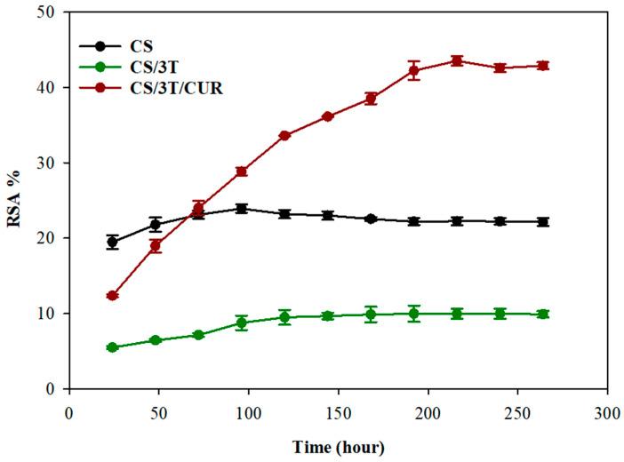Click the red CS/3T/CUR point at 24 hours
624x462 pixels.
tap(113, 296)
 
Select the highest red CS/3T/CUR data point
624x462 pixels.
tap(457, 61)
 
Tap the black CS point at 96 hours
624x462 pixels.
tap(242, 209)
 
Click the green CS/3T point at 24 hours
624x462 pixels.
tap(113, 347)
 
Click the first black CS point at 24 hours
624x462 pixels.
tap(113, 242)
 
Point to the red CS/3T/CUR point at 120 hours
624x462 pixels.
tap(284, 136)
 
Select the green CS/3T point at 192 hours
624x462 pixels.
tap(413, 314)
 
